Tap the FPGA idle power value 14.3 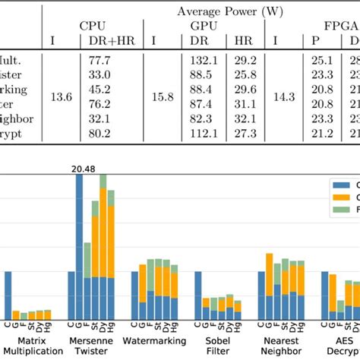coord(285,97)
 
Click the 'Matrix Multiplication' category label coord(30,346)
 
